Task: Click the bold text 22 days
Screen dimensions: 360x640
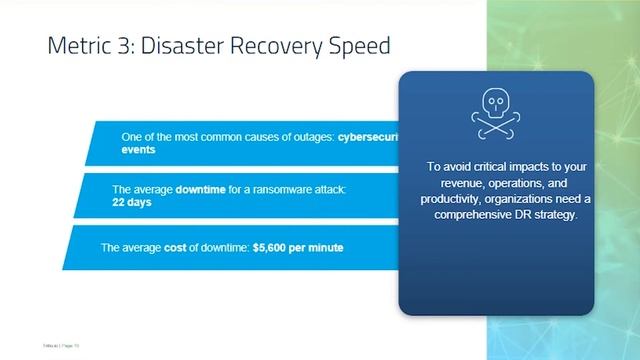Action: pyautogui.click(x=134, y=201)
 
